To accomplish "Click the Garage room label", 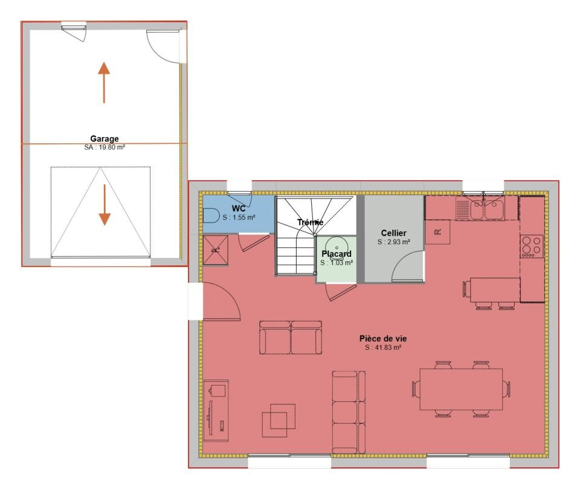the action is [x=105, y=139].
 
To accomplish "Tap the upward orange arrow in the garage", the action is [x=104, y=82].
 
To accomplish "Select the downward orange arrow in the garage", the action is [x=105, y=205].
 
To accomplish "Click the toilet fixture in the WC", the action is [x=211, y=215].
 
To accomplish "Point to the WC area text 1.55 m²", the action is [x=243, y=218].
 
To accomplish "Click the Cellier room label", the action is [x=393, y=233].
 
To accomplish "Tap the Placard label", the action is [x=337, y=254].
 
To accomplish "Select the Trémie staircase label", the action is [x=310, y=222].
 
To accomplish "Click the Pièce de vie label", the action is [x=383, y=338].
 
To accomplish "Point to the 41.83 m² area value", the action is [x=387, y=348].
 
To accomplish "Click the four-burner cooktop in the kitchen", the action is [x=532, y=247].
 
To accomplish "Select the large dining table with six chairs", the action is [x=461, y=389].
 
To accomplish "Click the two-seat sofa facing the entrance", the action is [x=291, y=338].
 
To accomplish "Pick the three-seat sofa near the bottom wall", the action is [x=349, y=412].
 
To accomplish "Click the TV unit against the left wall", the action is [x=216, y=410].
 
